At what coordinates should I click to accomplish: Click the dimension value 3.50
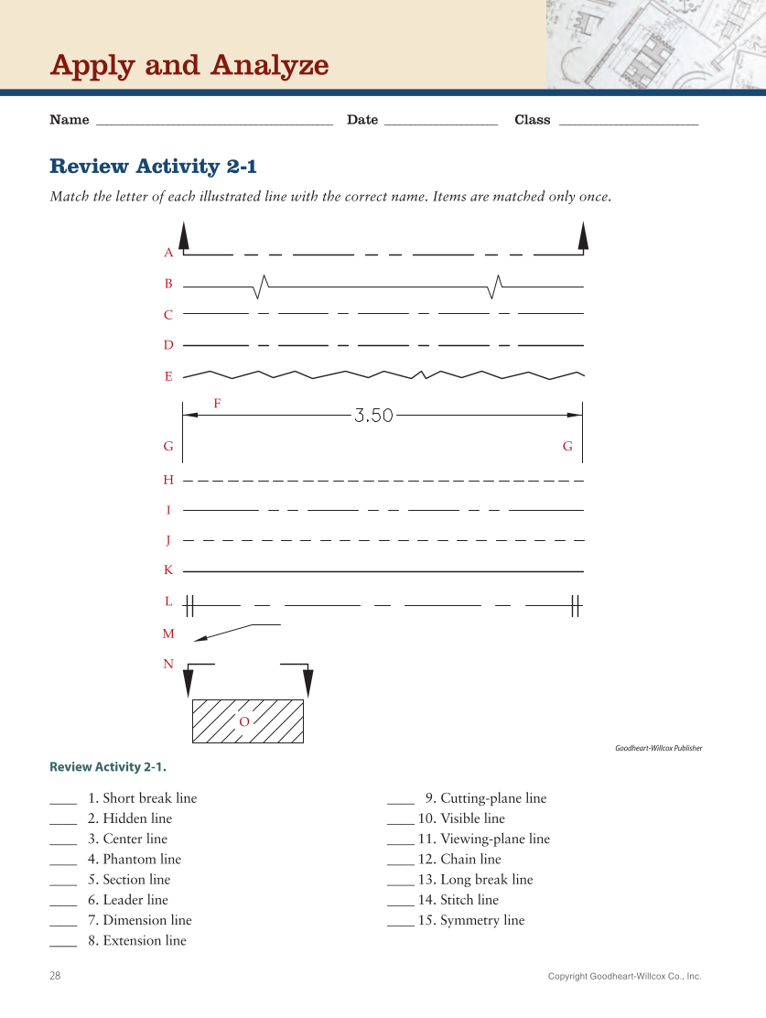pos(373,416)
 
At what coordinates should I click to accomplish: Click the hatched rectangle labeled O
pos(247,721)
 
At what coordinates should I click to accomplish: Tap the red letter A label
pos(168,253)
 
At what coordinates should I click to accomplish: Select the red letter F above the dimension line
pos(217,403)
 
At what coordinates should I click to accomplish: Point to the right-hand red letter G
pos(567,447)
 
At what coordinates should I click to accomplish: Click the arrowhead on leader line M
pos(200,638)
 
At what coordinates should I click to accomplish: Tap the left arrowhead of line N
pos(189,682)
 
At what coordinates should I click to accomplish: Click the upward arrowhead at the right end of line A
pos(583,235)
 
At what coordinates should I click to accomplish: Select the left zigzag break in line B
pos(261,287)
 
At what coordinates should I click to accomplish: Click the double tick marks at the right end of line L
pos(576,605)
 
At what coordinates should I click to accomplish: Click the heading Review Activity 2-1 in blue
pos(154,166)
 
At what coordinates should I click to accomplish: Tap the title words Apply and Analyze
pos(189,65)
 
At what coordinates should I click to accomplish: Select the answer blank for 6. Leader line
pos(63,901)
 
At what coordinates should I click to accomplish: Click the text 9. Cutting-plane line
pos(485,798)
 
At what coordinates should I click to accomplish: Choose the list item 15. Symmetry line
pos(470,920)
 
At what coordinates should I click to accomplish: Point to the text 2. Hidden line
pos(129,818)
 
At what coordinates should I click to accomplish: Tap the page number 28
pos(55,976)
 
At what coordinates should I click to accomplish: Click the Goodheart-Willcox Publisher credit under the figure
pos(658,748)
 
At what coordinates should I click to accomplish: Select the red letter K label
pos(168,570)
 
